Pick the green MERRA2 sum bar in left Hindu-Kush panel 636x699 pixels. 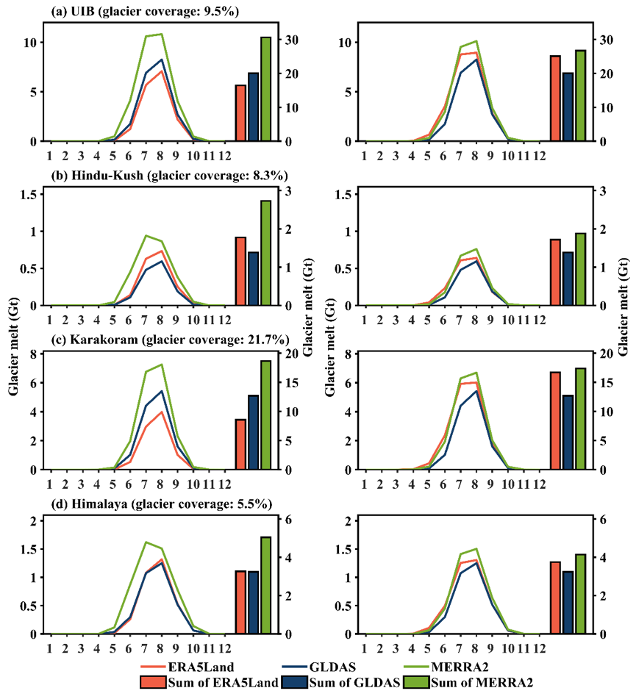pyautogui.click(x=266, y=253)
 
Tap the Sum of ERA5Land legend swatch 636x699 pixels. pyautogui.click(x=157, y=683)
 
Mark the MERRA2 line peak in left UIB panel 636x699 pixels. pyautogui.click(x=161, y=34)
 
